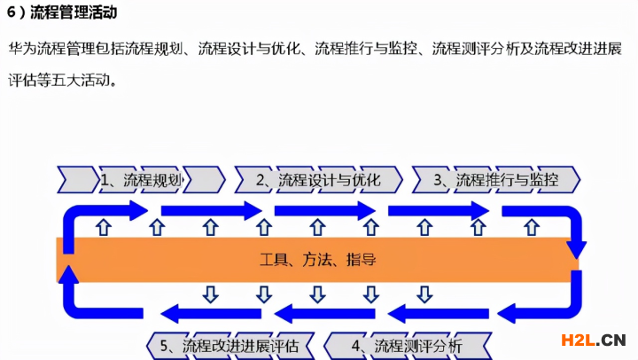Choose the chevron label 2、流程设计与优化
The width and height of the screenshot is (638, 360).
(319, 180)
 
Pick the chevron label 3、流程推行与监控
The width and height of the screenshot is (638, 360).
(495, 180)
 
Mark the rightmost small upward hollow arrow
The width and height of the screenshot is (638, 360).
(531, 228)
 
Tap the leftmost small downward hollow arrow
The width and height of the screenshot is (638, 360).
(211, 293)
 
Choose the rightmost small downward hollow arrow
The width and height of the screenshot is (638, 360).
(425, 293)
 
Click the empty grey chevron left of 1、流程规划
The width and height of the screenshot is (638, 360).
(76, 180)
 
